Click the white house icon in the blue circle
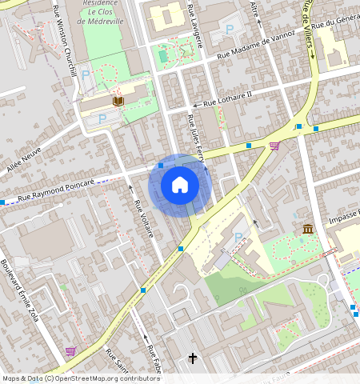tap(180, 186)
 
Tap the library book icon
tap(118, 101)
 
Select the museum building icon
tap(308, 230)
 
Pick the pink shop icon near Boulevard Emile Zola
tap(70, 350)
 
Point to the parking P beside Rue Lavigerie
tap(230, 30)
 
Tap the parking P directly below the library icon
tap(102, 119)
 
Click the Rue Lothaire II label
tap(227, 98)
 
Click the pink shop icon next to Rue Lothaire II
tap(274, 146)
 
